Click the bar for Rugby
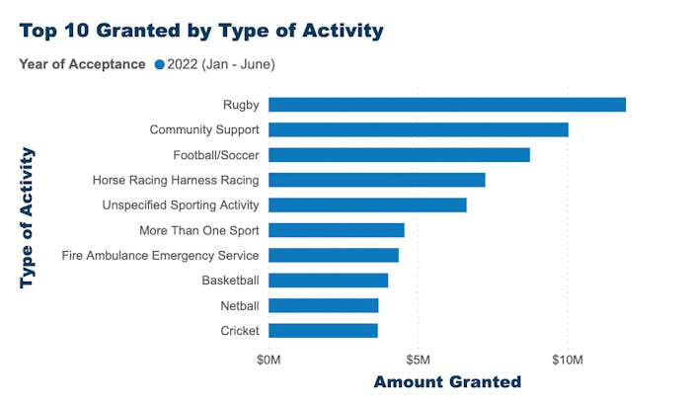[x=446, y=105]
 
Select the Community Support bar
[x=418, y=129]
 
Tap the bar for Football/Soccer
[x=399, y=155]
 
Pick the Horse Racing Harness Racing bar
[x=376, y=180]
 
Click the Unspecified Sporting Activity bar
[x=367, y=204]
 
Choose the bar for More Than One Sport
[x=336, y=230]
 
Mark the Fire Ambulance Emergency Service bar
[x=333, y=255]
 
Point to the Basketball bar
[x=328, y=281]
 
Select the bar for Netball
[x=323, y=305]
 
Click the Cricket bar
[x=323, y=331]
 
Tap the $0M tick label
[x=269, y=357]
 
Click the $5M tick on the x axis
[x=418, y=357]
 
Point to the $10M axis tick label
[x=567, y=357]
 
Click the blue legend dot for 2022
[x=159, y=65]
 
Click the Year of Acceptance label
[x=82, y=65]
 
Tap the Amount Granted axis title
[x=446, y=382]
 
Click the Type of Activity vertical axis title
[x=28, y=217]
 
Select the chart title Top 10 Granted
[x=200, y=30]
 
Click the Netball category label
[x=239, y=305]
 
